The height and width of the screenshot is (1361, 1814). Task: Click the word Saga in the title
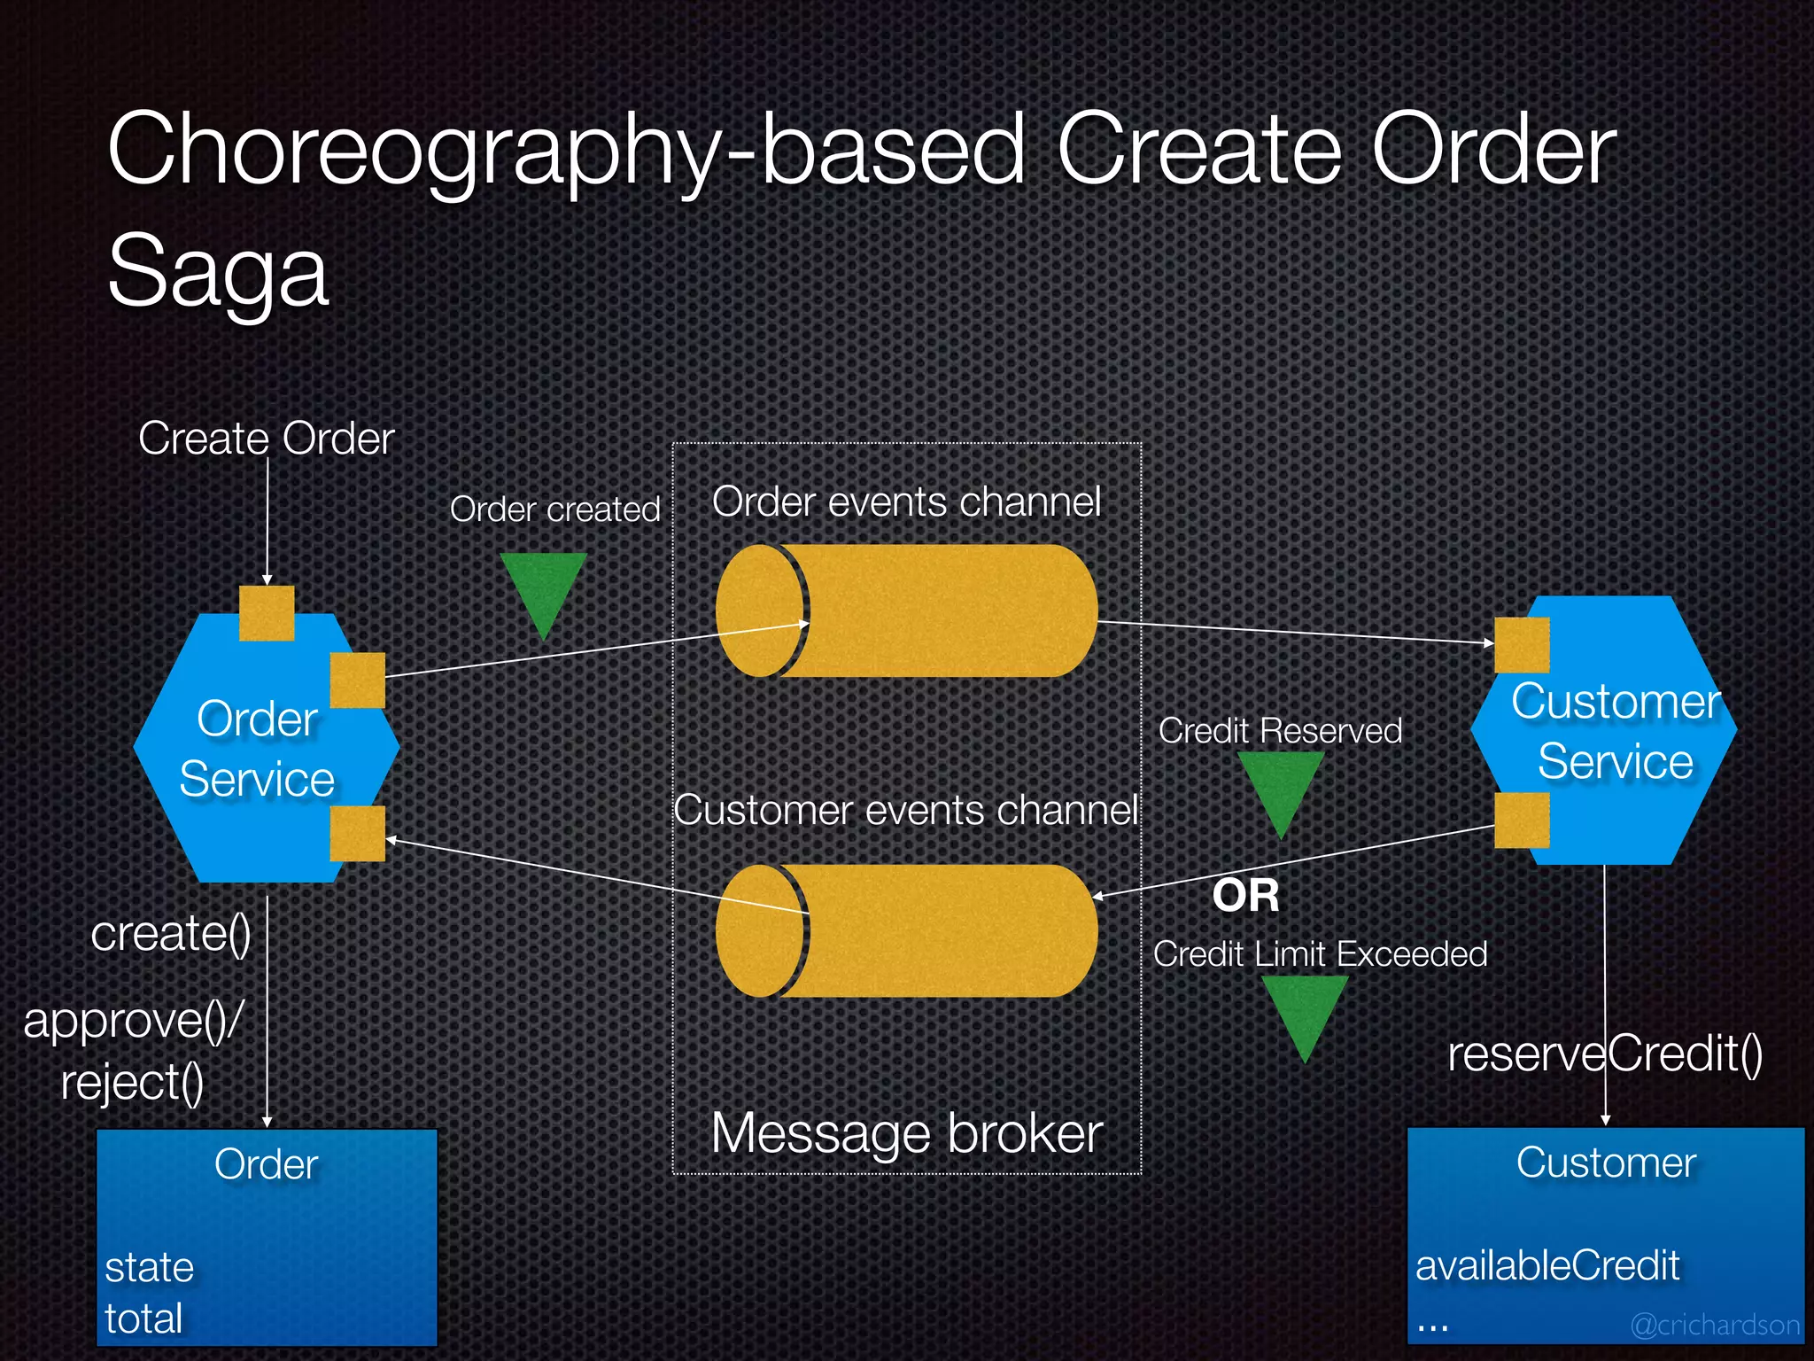(218, 271)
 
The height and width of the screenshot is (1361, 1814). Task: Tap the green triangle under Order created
(543, 587)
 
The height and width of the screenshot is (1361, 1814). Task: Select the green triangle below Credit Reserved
(1281, 786)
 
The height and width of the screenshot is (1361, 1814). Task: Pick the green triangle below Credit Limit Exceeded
(1305, 1010)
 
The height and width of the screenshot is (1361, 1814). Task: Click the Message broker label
(906, 1133)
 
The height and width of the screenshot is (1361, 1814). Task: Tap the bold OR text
(1246, 896)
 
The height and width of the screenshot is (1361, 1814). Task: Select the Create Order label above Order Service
(266, 439)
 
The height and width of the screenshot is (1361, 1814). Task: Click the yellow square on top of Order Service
(267, 612)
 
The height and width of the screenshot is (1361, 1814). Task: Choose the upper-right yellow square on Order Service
(357, 680)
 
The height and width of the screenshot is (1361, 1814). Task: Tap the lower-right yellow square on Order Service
(357, 833)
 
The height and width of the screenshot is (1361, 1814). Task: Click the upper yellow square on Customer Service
(1522, 645)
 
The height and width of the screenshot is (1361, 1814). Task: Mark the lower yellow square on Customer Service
(1522, 820)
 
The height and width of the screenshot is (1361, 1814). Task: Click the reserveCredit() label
(1605, 1054)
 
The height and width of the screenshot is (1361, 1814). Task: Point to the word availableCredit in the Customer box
(1547, 1265)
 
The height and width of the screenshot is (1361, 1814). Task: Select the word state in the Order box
(149, 1267)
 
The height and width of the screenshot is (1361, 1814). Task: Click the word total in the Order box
(143, 1318)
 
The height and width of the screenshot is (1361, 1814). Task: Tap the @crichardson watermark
(1715, 1325)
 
